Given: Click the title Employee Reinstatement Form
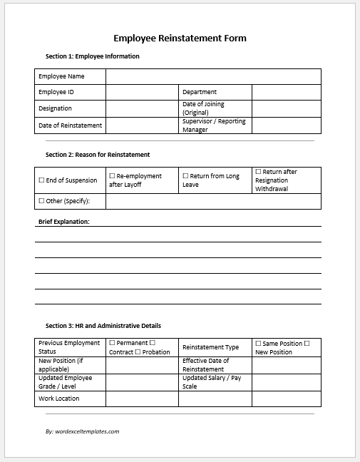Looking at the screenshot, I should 180,38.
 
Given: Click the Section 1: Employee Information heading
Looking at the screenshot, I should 92,56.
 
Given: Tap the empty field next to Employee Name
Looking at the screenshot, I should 213,76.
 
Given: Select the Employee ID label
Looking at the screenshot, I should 56,92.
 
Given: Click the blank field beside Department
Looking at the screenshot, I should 286,92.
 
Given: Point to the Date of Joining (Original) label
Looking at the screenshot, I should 204,108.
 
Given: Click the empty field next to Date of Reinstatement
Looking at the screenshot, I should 141,125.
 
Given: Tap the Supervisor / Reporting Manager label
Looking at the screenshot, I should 214,125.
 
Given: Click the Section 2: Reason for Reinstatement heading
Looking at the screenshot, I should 98,154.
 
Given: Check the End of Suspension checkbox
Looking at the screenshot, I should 41,180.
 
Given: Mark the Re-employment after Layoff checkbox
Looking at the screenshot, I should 112,175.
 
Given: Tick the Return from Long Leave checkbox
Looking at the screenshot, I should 185,175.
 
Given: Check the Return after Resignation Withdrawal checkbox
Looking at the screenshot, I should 258,172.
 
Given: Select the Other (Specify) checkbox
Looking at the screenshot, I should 41,202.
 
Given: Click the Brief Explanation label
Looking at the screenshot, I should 63,222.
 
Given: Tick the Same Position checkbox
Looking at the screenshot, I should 258,344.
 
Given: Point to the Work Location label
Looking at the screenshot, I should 59,399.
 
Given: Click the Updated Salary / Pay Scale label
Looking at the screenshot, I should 212,382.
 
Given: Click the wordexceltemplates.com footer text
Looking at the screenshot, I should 82,431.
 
